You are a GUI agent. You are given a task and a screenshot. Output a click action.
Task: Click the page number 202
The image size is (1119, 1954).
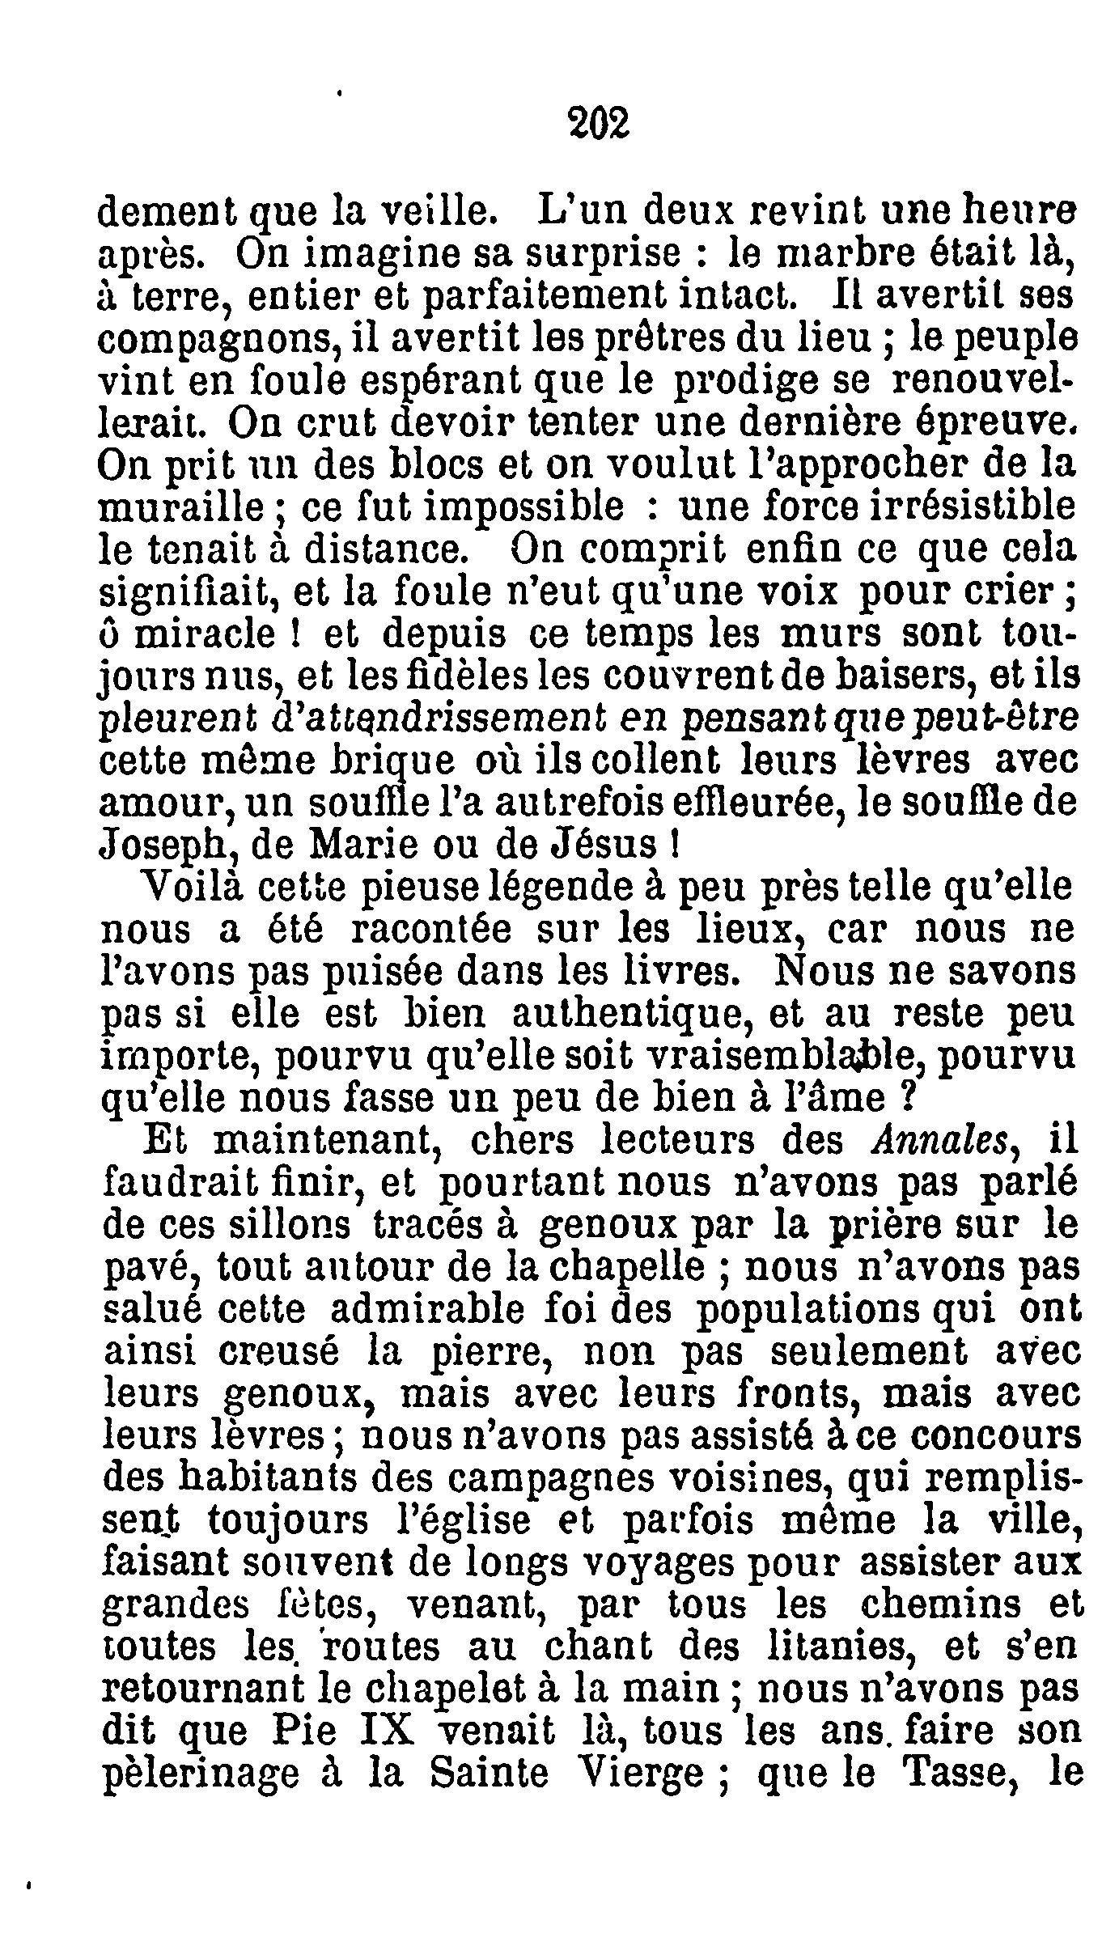[596, 125]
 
